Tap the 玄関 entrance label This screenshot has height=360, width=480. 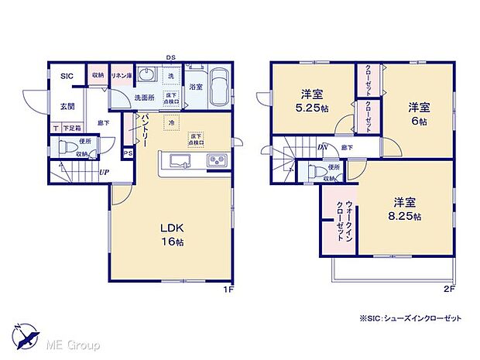[67, 107]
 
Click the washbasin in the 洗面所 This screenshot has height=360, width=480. [170, 77]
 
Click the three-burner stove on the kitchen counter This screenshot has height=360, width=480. [214, 161]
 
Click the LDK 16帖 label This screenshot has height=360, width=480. [172, 235]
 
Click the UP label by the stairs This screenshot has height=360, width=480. [103, 172]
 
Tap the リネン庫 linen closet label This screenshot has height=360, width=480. [121, 76]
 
